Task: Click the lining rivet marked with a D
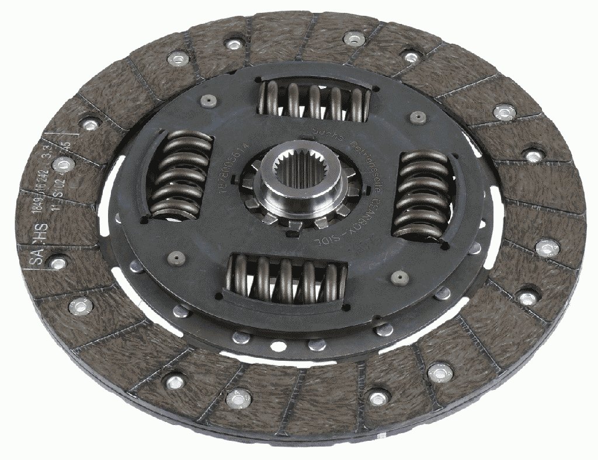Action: point(63,166)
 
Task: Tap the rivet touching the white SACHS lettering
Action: point(57,263)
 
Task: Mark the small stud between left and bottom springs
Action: point(176,257)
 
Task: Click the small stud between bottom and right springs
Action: point(401,276)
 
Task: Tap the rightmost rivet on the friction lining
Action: point(547,248)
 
